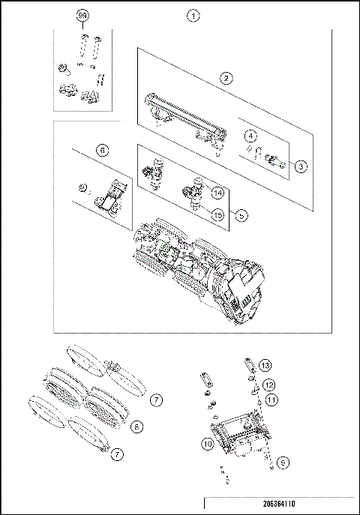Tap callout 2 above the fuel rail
[224, 77]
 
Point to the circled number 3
[300, 166]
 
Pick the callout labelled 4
[251, 136]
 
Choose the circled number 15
[217, 215]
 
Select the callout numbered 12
[268, 385]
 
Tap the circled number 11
[271, 400]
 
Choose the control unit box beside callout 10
[238, 439]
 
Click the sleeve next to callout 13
[247, 367]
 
